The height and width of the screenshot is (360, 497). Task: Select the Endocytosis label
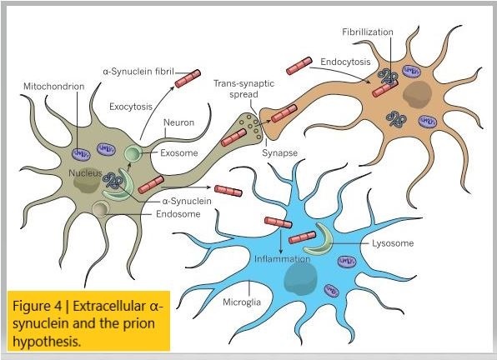pos(345,62)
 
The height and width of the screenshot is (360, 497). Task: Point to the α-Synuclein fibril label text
pos(138,73)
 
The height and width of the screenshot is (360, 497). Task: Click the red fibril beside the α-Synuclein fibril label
pos(188,80)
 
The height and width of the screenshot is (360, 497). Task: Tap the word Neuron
pos(178,122)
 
